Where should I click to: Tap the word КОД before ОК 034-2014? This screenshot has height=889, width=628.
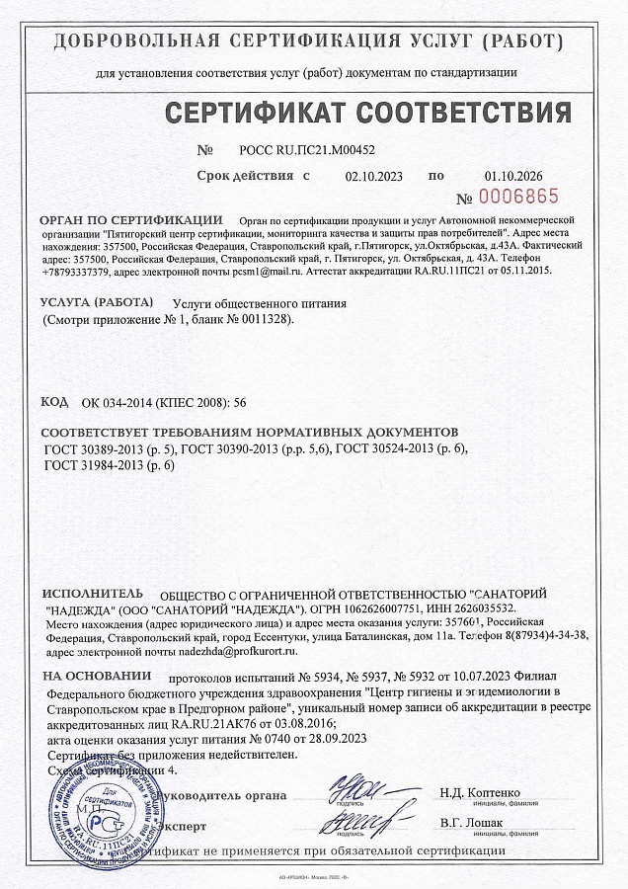pyautogui.click(x=54, y=402)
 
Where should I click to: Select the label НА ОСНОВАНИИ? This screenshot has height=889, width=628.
pyautogui.click(x=97, y=680)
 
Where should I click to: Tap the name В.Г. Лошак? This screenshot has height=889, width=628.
pyautogui.click(x=471, y=822)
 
